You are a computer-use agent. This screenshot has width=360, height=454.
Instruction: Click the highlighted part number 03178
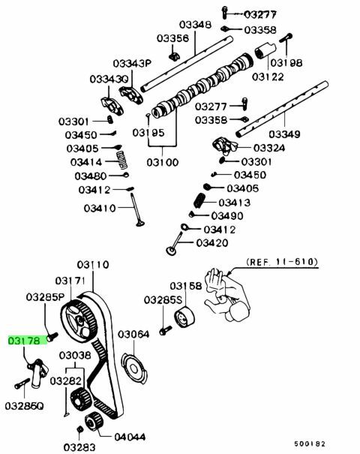pyautogui.click(x=24, y=341)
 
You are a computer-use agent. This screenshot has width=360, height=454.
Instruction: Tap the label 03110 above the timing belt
pyautogui.click(x=93, y=265)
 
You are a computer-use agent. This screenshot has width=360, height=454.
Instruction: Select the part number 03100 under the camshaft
pyautogui.click(x=162, y=162)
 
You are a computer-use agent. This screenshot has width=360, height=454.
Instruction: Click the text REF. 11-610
pyautogui.click(x=282, y=262)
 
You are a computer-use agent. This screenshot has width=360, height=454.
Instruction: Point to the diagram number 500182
pyautogui.click(x=310, y=443)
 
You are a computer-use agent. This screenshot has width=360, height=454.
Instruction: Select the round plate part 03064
pyautogui.click(x=134, y=368)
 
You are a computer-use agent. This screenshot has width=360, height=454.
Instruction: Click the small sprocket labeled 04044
pyautogui.click(x=94, y=422)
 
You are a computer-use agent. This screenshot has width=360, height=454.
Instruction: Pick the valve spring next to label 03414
pyautogui.click(x=121, y=160)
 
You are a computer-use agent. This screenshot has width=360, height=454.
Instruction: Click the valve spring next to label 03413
pyautogui.click(x=199, y=200)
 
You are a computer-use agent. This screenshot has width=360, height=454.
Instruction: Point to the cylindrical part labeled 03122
pyautogui.click(x=265, y=50)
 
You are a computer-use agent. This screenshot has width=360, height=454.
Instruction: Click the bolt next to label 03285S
pyautogui.click(x=166, y=330)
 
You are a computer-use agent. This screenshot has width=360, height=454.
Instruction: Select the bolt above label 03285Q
pyautogui.click(x=22, y=383)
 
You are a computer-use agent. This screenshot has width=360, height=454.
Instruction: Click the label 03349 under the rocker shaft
pyautogui.click(x=284, y=134)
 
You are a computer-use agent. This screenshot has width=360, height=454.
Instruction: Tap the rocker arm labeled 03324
pyautogui.click(x=224, y=146)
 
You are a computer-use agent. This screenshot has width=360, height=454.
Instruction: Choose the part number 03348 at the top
pyautogui.click(x=195, y=25)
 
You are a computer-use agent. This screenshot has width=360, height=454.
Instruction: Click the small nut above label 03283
pyautogui.click(x=79, y=429)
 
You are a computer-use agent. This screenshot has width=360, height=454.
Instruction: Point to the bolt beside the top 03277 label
pyautogui.click(x=225, y=13)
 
